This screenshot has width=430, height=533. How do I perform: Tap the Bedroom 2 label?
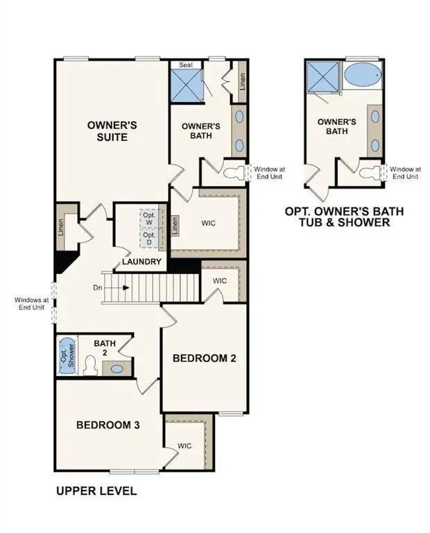coord(205,358)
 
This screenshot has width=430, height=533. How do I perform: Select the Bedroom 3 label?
coord(109,425)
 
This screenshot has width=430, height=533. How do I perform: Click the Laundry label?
coord(141,262)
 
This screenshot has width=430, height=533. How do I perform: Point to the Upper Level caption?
coord(96,491)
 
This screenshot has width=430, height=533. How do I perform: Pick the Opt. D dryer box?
coord(149,238)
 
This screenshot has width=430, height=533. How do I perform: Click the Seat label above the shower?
coord(185,65)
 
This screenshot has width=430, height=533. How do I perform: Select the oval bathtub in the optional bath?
coord(362,74)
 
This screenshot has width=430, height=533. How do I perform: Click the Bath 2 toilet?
coord(89,366)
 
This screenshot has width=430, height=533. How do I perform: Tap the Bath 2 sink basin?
coord(117,369)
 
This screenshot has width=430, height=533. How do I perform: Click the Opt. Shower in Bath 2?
coord(67,355)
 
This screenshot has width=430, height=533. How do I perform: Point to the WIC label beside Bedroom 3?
coord(184,446)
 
